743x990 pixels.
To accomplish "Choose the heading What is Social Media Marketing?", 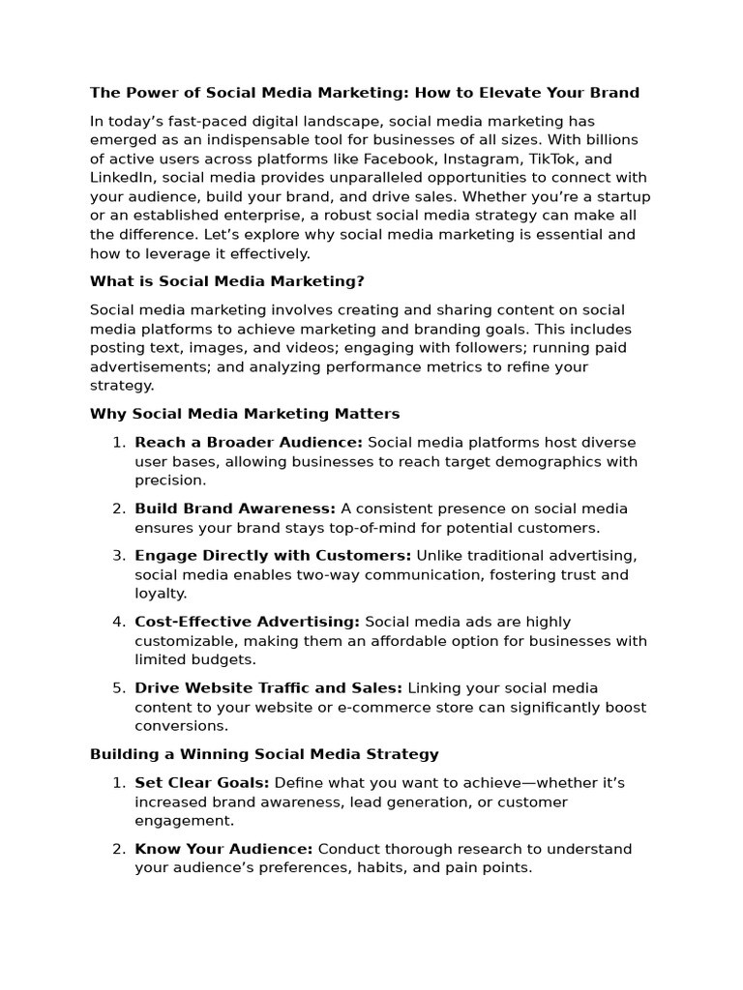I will (x=226, y=281).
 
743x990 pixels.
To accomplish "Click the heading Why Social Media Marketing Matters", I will (x=244, y=414).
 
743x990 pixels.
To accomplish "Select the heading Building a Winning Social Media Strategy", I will (x=264, y=754).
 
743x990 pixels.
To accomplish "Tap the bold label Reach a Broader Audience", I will (x=249, y=442).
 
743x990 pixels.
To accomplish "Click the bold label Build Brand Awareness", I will (x=235, y=509).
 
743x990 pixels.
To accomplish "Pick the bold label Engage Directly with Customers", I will (x=273, y=556).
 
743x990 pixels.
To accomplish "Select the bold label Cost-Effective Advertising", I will (x=247, y=622).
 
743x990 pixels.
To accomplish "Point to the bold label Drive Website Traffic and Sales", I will (x=268, y=688).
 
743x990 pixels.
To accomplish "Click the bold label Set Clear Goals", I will (x=202, y=782).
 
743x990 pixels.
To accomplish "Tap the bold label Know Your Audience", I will (x=223, y=849).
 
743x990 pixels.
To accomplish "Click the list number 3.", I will (x=119, y=556).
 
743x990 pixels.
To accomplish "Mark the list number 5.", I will (x=119, y=688).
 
